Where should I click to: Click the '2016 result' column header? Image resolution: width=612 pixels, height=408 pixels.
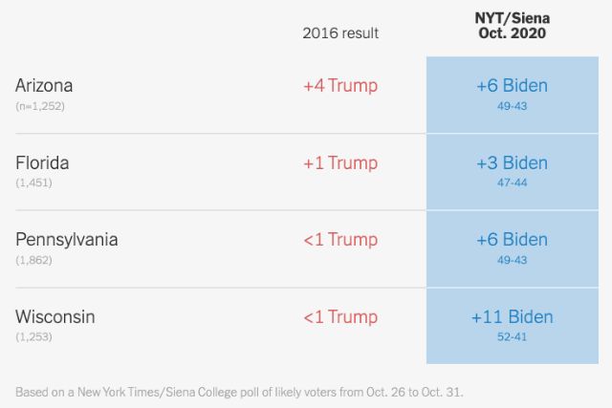tap(340, 33)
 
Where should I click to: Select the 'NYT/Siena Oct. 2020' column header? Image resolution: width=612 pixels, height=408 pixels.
tap(512, 26)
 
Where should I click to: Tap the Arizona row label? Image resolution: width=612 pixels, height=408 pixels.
tap(44, 85)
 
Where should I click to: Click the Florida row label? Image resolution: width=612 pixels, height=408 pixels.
tap(42, 162)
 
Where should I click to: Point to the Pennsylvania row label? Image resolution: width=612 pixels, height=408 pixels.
tap(67, 240)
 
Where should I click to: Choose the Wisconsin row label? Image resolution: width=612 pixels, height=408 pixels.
tap(55, 316)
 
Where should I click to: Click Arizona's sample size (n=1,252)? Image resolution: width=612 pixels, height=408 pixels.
tap(40, 105)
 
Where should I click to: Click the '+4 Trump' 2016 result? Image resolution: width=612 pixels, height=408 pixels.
tap(340, 86)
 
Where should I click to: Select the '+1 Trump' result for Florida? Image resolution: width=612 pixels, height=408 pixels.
tap(340, 163)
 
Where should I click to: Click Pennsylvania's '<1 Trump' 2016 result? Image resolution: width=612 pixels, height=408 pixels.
tap(340, 240)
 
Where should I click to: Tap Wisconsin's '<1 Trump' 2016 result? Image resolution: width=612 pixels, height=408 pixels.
tap(340, 317)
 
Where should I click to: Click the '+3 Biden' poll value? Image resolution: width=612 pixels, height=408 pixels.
tap(512, 162)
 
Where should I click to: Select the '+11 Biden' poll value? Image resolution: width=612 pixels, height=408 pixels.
tap(512, 316)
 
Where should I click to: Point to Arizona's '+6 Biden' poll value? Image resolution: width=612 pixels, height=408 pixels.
tap(512, 85)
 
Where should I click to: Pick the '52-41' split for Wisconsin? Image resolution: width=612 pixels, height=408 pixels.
tap(512, 336)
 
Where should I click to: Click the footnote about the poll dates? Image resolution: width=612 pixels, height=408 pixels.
tap(240, 392)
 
